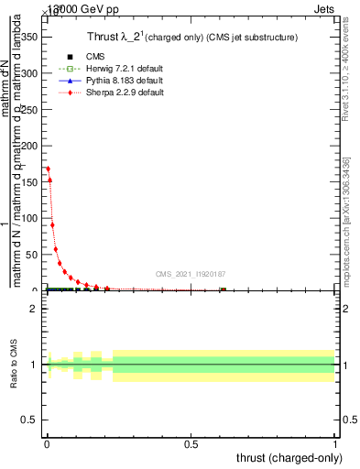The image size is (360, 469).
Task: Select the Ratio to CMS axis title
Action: pos(14,365)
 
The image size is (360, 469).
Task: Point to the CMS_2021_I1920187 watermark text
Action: pos(191,274)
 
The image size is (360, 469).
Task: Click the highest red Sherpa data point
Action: pos(48,169)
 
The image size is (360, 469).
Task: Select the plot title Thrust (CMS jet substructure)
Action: pos(191,37)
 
